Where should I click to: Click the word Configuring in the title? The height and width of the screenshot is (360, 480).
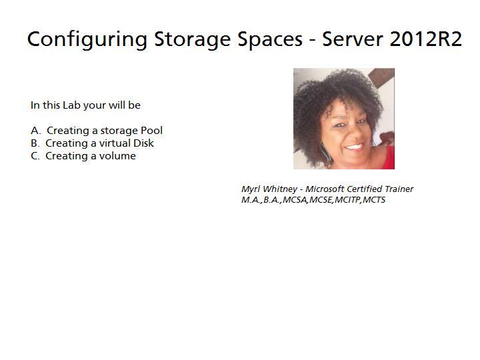point(87,39)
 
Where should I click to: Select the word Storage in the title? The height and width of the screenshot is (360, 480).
point(192,39)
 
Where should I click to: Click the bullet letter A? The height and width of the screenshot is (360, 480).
point(35,131)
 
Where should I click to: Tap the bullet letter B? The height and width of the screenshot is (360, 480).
point(35,143)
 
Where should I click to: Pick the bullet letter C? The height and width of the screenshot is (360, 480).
point(35,156)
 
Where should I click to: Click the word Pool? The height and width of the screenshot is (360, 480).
point(151,131)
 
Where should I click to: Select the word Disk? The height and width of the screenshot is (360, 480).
point(143,143)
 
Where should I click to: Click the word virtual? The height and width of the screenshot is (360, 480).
point(113,143)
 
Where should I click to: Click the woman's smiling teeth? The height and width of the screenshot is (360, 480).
point(354,147)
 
